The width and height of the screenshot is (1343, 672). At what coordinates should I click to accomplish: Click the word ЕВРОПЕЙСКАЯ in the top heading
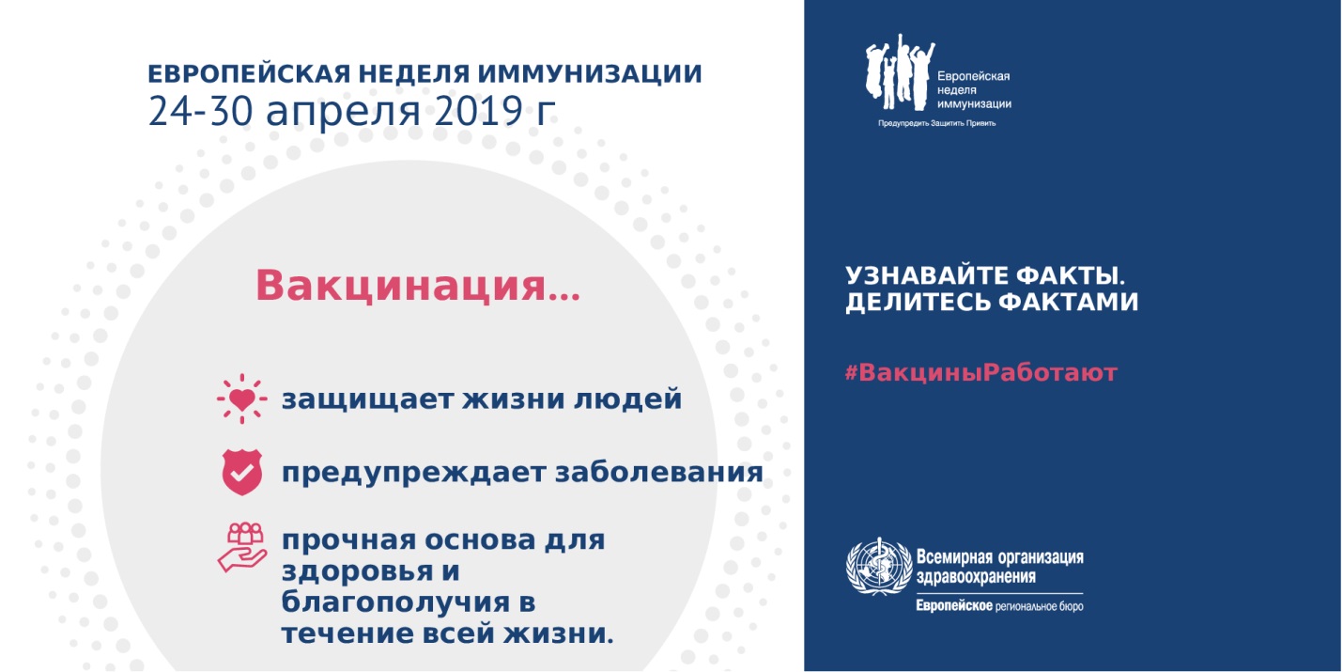pyautogui.click(x=249, y=74)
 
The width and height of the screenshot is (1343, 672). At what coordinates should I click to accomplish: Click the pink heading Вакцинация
pyautogui.click(x=418, y=286)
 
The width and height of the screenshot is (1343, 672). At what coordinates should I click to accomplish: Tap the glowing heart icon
pyautogui.click(x=242, y=399)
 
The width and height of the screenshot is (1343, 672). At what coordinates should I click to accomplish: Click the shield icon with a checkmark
pyautogui.click(x=242, y=472)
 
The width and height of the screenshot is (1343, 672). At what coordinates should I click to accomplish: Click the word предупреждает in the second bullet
pyautogui.click(x=413, y=474)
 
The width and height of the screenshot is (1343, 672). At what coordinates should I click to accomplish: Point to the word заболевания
pyautogui.click(x=659, y=473)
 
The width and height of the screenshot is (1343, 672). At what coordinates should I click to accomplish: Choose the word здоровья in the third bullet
pyautogui.click(x=356, y=571)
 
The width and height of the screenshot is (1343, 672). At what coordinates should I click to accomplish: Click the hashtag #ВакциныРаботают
pyautogui.click(x=981, y=372)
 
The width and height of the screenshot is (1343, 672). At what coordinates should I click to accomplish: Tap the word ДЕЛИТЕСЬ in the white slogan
pyautogui.click(x=918, y=302)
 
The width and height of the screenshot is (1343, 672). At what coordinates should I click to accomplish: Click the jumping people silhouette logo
pyautogui.click(x=900, y=72)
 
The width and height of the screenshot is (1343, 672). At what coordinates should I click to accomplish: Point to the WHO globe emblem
pyautogui.click(x=879, y=567)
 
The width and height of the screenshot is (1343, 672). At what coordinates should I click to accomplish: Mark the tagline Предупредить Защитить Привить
pyautogui.click(x=937, y=124)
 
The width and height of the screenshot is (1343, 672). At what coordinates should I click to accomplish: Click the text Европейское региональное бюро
pyautogui.click(x=999, y=606)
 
